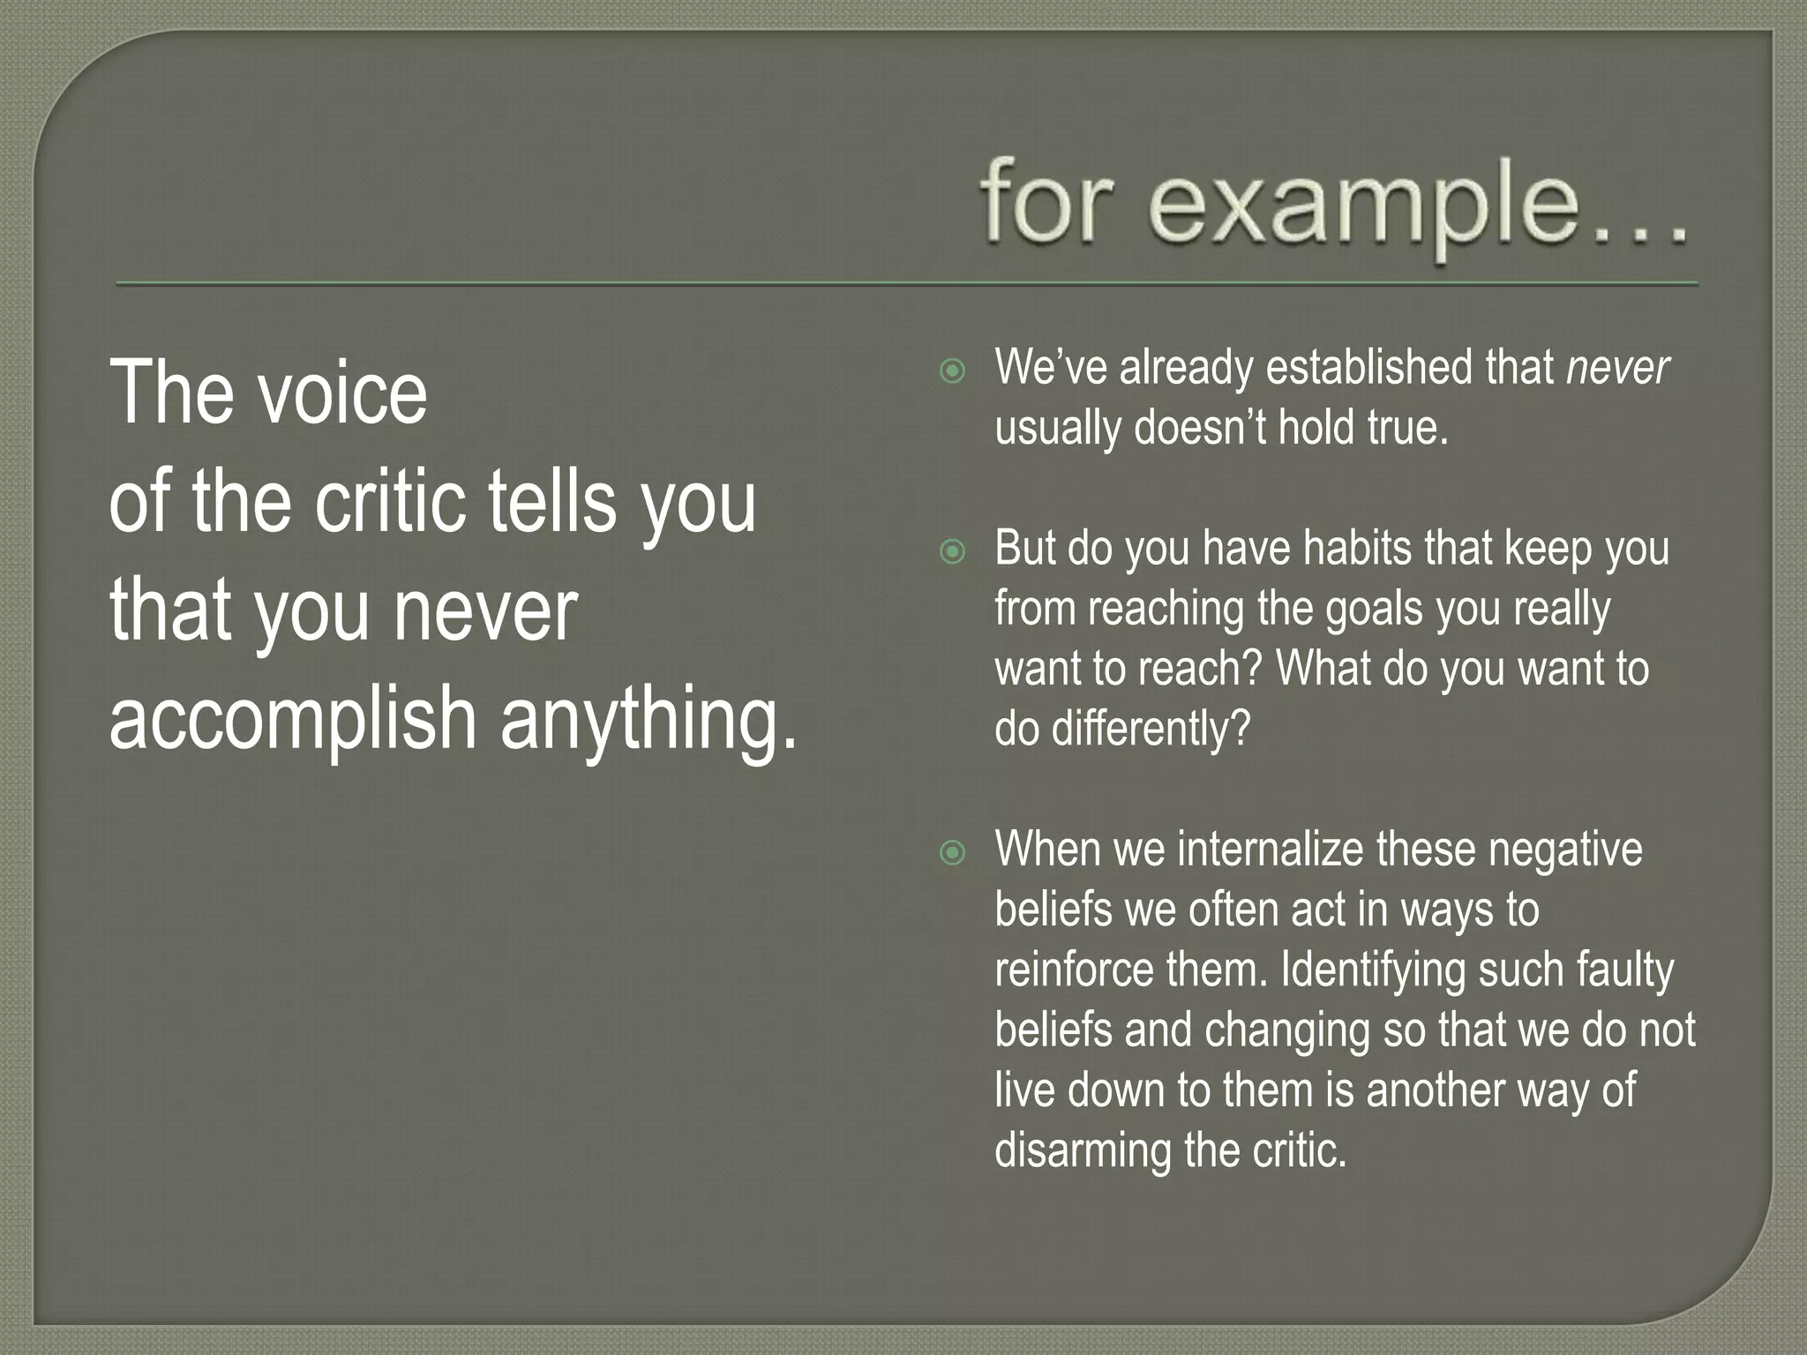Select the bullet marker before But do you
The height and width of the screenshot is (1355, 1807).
click(952, 553)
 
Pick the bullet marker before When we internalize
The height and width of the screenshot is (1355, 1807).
click(952, 853)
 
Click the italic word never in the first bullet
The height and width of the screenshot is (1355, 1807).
click(1617, 368)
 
